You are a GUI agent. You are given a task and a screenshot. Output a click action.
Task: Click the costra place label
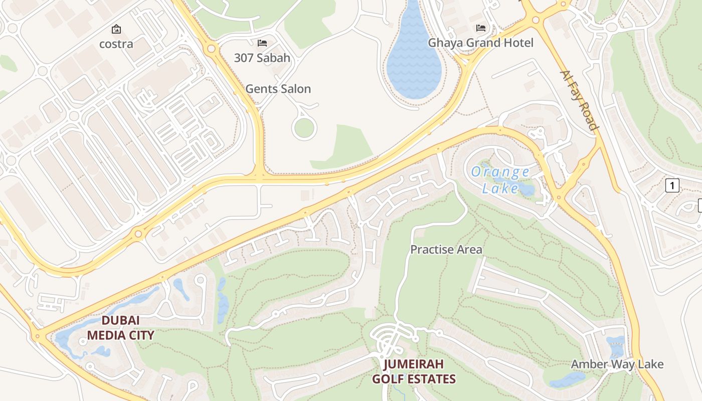pos(116,44)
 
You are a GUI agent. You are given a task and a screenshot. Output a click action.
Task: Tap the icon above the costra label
pos(116,29)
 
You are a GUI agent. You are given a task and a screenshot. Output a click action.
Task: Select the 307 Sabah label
pos(262,58)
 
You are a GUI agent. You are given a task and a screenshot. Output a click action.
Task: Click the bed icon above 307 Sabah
pos(262,43)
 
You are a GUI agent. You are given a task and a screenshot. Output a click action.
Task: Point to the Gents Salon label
pos(278,89)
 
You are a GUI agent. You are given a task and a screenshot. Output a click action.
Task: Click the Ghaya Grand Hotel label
pos(480,43)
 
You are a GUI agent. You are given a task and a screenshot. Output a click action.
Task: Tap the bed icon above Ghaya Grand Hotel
pos(480,28)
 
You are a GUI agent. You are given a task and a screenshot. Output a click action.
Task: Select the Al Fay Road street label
pos(579,100)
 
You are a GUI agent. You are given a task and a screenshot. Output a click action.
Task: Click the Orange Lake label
pos(500,180)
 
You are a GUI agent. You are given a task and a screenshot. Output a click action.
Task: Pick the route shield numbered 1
pos(672,186)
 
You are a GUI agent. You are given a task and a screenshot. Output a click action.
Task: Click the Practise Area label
pos(446,249)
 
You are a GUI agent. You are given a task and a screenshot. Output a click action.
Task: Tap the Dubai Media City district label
pos(120,328)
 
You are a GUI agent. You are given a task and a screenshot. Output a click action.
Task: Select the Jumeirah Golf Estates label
pos(414,371)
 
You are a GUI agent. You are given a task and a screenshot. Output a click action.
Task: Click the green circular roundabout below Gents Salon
pos(304,128)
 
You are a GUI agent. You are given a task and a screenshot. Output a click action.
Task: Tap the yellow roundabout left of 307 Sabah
pos(211,49)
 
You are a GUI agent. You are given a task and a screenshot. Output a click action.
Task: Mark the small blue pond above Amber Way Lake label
pos(615,346)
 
